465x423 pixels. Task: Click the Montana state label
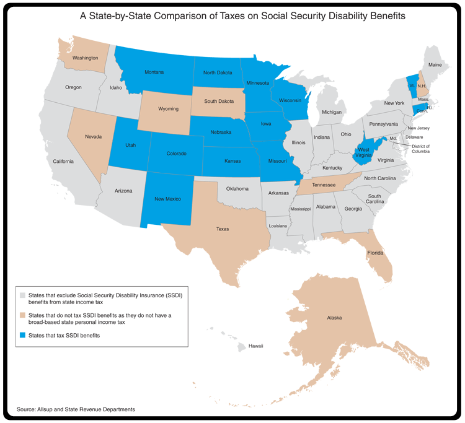154,72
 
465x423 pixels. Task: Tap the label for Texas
222,229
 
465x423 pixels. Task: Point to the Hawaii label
255,346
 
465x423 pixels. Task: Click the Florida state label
374,253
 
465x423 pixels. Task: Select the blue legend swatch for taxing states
23,335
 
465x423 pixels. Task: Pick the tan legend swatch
23,315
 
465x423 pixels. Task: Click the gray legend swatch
23,295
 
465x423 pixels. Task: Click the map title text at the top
242,16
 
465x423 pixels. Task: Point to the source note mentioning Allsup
76,409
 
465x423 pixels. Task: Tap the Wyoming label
168,109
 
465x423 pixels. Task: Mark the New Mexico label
167,198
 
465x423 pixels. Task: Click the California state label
63,161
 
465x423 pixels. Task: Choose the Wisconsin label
290,100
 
